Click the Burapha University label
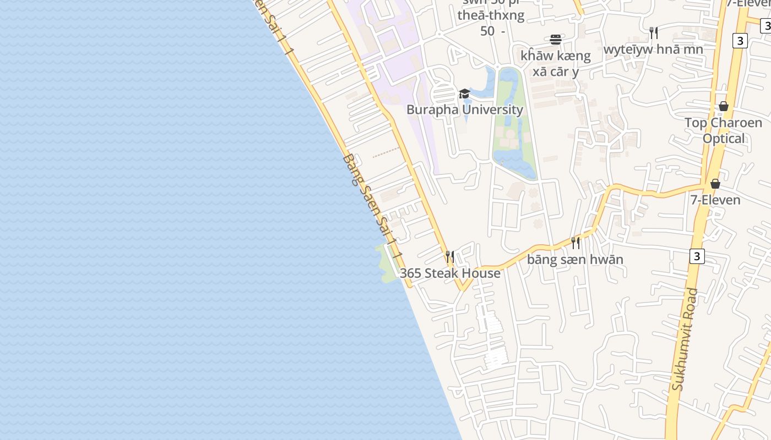[x=465, y=109]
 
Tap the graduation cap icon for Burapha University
[x=464, y=94]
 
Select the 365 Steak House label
[x=450, y=273]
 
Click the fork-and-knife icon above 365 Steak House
[x=450, y=257]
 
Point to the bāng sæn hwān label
[x=575, y=260]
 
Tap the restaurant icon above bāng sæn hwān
[x=575, y=243]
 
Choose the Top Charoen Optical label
[x=723, y=130]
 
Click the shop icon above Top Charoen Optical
[x=724, y=106]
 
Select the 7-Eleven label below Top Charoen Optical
[x=715, y=200]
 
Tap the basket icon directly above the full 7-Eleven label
[x=715, y=184]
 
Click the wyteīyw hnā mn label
[x=653, y=50]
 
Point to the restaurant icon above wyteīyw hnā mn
[x=654, y=33]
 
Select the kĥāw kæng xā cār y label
[x=556, y=63]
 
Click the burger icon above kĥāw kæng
[x=556, y=40]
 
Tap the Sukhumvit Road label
[x=685, y=340]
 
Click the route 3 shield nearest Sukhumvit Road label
[x=697, y=256]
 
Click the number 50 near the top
[x=487, y=31]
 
